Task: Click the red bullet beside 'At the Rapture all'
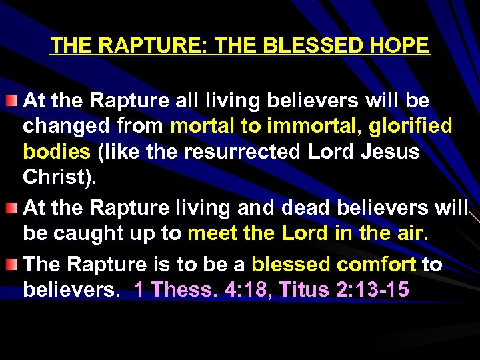[x=12, y=101]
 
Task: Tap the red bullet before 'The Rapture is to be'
[x=12, y=264]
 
